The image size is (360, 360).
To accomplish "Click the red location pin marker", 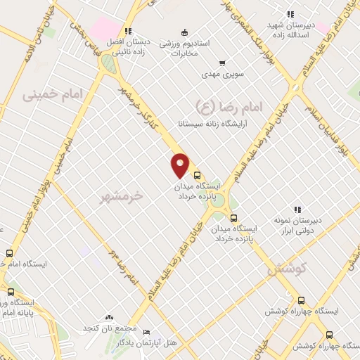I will (x=181, y=165).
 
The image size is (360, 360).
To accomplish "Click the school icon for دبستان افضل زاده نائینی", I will (x=127, y=31).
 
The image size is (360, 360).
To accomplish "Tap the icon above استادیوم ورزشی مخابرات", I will (x=184, y=32).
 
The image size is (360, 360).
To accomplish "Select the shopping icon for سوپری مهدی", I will (x=223, y=63).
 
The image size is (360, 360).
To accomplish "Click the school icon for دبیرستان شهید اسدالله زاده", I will (x=290, y=14).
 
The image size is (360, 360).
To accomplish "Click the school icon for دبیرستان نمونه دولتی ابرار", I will (x=297, y=209).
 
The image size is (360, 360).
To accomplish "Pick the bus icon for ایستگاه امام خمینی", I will (x=10, y=253).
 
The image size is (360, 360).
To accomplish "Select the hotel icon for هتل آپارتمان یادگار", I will (x=146, y=331).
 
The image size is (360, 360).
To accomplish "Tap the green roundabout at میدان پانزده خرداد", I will (x=219, y=200).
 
